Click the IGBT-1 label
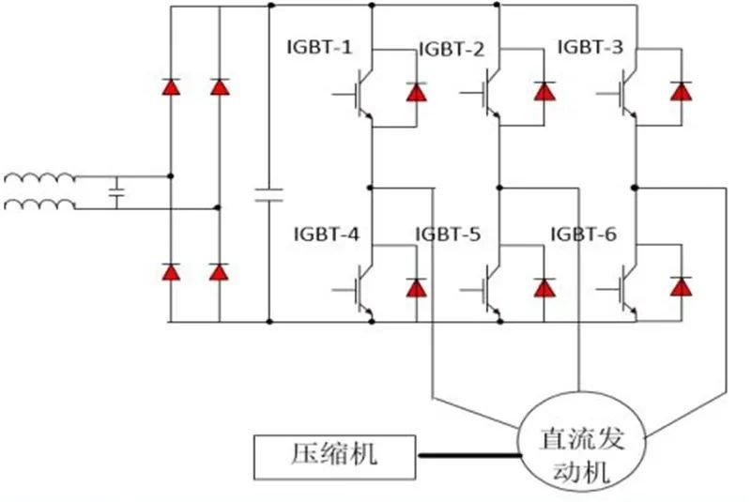tap(320, 46)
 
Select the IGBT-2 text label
tap(451, 49)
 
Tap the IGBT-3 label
tap(590, 46)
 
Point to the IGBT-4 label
tap(325, 235)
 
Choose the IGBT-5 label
tap(447, 235)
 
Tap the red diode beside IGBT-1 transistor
tap(415, 91)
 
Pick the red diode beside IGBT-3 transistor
tap(680, 91)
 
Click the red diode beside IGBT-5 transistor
tap(544, 287)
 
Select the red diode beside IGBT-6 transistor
tap(680, 287)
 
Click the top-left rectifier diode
tap(171, 87)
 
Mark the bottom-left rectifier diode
tap(171, 272)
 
